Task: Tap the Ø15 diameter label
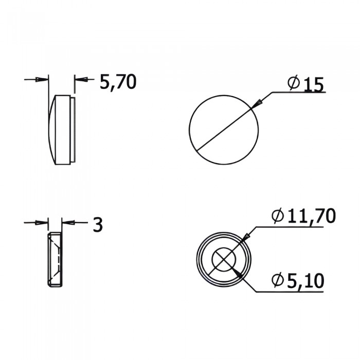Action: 307,84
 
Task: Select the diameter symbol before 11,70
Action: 277,217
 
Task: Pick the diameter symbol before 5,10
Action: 277,280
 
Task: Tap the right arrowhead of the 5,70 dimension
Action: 80,79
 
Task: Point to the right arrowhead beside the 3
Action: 66,222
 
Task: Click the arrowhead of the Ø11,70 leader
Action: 246,237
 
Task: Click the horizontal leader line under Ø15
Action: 298,93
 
